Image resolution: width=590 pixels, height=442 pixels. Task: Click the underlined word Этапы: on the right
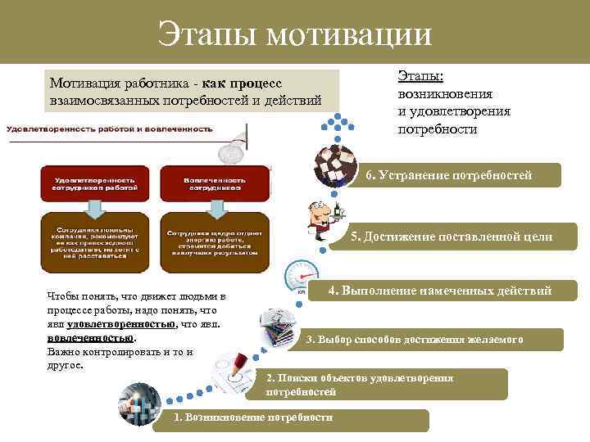coord(420,76)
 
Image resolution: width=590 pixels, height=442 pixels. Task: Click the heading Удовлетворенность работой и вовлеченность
coord(110,129)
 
